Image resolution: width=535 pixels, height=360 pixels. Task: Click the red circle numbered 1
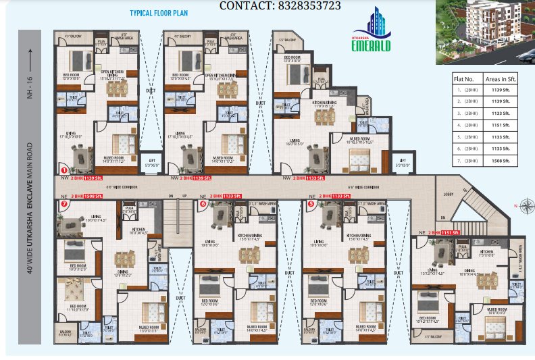(x=64, y=170)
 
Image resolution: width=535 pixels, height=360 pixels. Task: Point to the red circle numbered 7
(x=64, y=203)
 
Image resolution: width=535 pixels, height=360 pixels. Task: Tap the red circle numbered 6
(x=202, y=203)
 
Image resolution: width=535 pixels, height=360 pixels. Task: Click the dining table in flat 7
(x=122, y=259)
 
